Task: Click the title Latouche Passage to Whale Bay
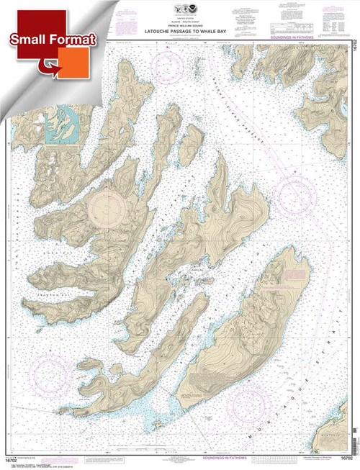tap(181, 27)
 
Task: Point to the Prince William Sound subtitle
tap(181, 20)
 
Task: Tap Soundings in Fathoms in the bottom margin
tap(181, 456)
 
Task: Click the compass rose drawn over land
tap(108, 209)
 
